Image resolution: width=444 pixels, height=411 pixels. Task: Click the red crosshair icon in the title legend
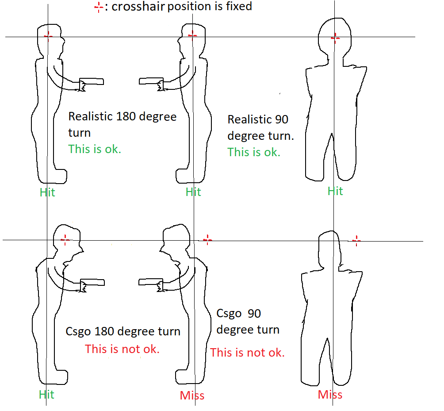pyautogui.click(x=99, y=7)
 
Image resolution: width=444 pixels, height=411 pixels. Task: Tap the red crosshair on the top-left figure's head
pyautogui.click(x=48, y=36)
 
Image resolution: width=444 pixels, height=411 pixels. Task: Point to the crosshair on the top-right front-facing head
pyautogui.click(x=336, y=38)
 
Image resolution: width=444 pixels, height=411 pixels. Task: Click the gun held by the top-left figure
pyautogui.click(x=92, y=81)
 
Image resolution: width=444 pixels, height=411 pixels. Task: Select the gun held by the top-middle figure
pyautogui.click(x=151, y=81)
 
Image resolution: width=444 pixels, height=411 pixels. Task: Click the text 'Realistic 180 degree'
pyautogui.click(x=122, y=116)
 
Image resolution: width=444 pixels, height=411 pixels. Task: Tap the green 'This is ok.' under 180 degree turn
pyautogui.click(x=95, y=149)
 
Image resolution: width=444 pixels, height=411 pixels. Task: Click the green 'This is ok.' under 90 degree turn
pyautogui.click(x=254, y=152)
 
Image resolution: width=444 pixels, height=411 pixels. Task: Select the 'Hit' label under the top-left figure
pyautogui.click(x=47, y=192)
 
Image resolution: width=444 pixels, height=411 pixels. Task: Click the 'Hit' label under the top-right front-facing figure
pyautogui.click(x=335, y=191)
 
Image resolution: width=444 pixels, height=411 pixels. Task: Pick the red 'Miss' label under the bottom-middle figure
pyautogui.click(x=192, y=396)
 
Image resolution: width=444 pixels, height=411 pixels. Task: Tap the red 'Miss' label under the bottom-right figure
pyautogui.click(x=330, y=395)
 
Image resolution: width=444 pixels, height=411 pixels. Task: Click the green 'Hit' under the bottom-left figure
pyautogui.click(x=46, y=395)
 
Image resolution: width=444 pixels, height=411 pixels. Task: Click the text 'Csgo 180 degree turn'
pyautogui.click(x=123, y=331)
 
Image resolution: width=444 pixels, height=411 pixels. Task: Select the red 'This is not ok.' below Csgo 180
pyautogui.click(x=122, y=349)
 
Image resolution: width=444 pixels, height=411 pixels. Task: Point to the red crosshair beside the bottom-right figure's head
pyautogui.click(x=356, y=241)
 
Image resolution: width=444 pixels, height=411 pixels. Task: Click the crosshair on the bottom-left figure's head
pyautogui.click(x=65, y=240)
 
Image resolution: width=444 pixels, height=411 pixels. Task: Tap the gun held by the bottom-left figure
pyautogui.click(x=92, y=282)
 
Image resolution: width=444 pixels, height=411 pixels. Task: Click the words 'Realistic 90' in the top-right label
pyautogui.click(x=258, y=119)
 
